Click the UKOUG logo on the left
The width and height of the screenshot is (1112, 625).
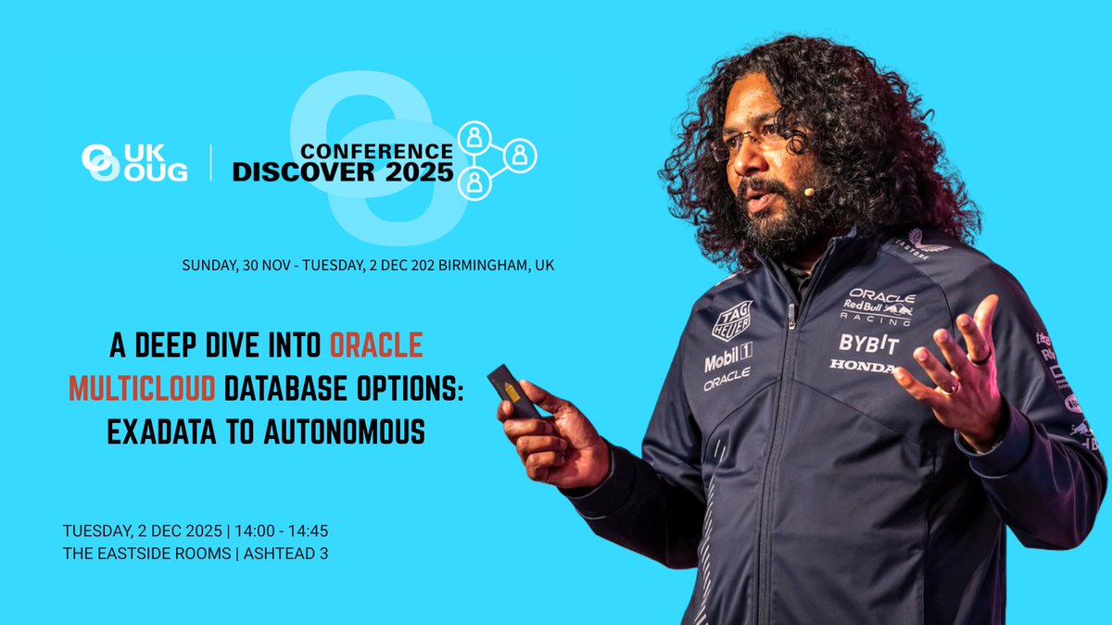tap(134, 163)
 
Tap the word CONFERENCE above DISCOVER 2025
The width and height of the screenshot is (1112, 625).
tap(376, 150)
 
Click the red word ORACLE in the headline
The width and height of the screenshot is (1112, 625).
tap(376, 346)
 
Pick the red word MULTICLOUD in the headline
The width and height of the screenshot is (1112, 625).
tap(142, 389)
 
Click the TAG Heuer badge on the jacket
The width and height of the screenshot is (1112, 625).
tap(731, 320)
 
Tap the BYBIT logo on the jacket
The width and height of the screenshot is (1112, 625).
tap(868, 344)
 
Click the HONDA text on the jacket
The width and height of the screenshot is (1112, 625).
tap(862, 367)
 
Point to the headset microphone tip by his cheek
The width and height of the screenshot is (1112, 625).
tap(809, 192)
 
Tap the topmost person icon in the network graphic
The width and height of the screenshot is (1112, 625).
tap(474, 136)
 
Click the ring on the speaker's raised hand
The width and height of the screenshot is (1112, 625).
tap(979, 356)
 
